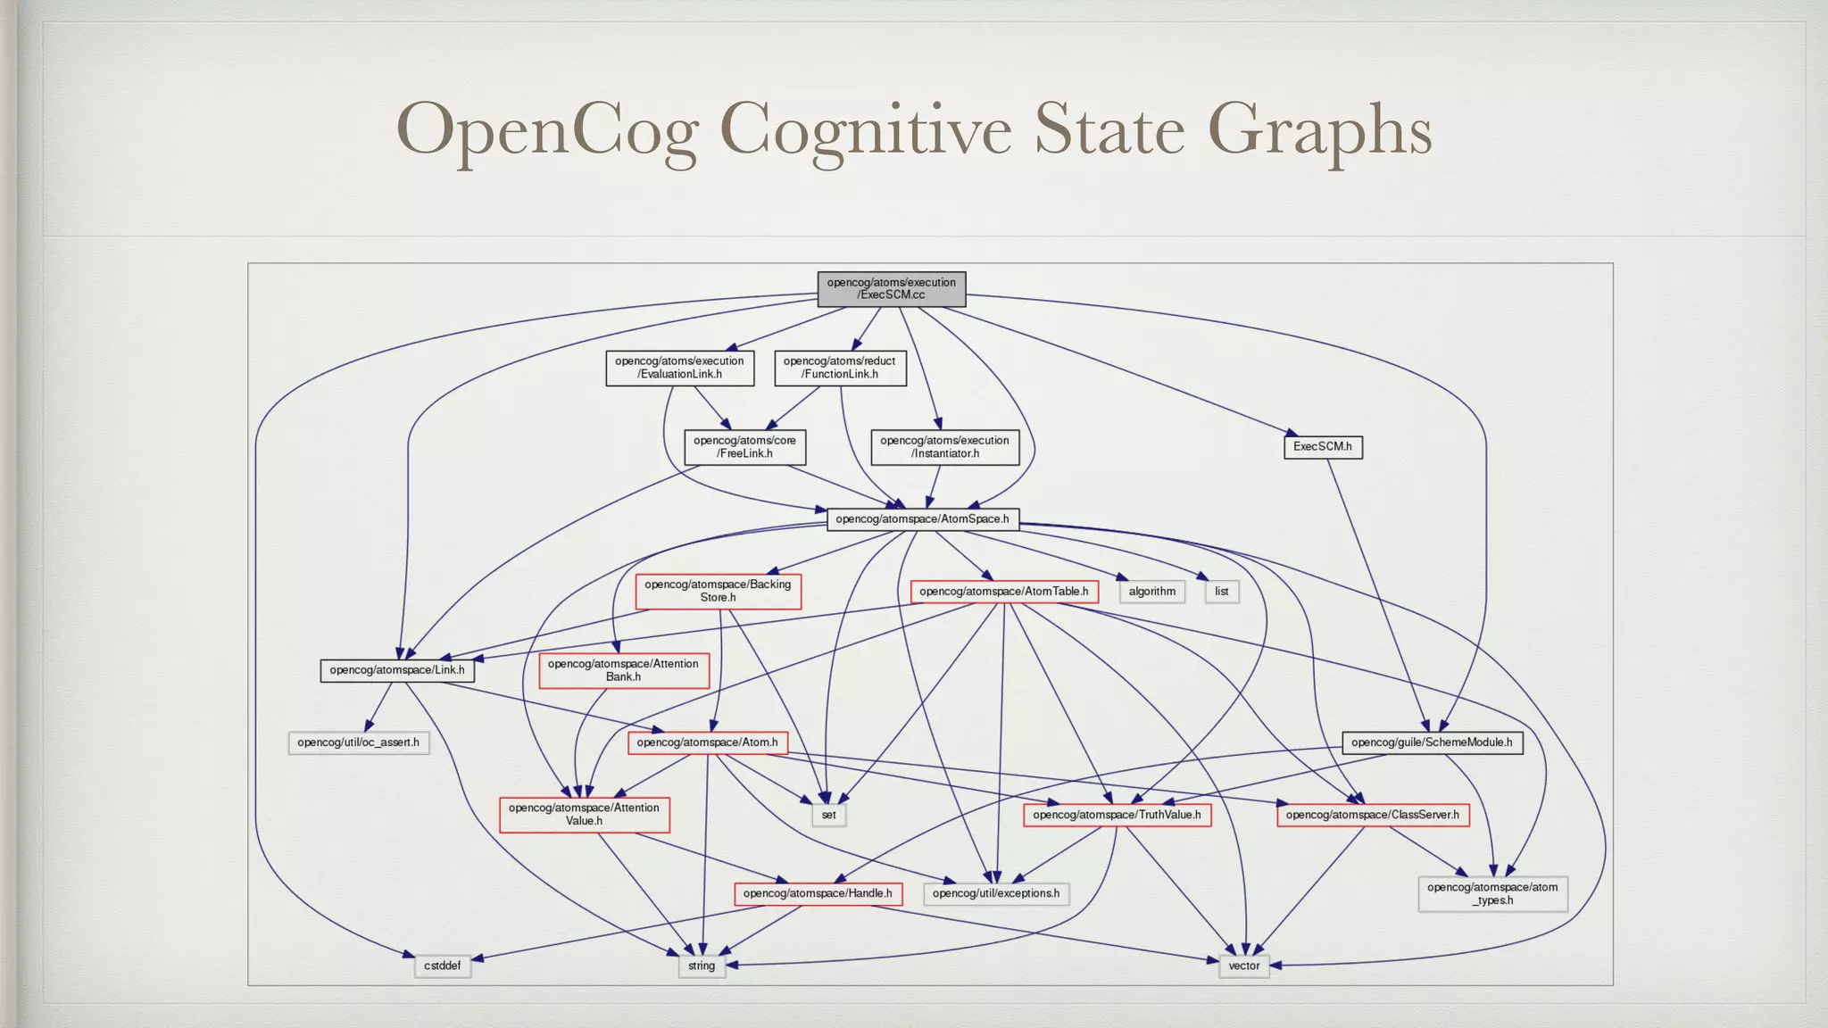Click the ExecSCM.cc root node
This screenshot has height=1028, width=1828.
coord(891,289)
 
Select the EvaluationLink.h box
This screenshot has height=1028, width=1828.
coord(679,368)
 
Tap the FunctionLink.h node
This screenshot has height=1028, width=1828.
coord(840,368)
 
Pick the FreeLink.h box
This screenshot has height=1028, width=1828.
coord(744,447)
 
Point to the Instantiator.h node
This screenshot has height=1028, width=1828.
coord(944,447)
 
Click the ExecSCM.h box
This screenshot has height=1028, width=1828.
coord(1322,447)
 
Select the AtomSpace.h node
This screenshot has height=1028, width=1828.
coord(922,519)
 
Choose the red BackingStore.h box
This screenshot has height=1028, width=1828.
coord(718,592)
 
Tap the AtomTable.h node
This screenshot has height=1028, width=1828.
coord(1003,592)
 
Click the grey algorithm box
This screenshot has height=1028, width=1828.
coord(1151,592)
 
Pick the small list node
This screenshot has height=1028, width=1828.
coord(1221,592)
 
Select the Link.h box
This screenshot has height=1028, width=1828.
coord(396,670)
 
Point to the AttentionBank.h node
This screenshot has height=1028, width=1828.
coord(623,670)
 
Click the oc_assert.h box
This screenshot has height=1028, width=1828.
coord(358,742)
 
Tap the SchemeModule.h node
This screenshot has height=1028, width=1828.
coord(1432,742)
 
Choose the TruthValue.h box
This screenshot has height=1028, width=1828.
coord(1117,815)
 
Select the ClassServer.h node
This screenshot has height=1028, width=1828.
coord(1372,815)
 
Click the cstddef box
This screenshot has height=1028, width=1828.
coord(442,966)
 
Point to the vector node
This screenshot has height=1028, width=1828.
coord(1243,966)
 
